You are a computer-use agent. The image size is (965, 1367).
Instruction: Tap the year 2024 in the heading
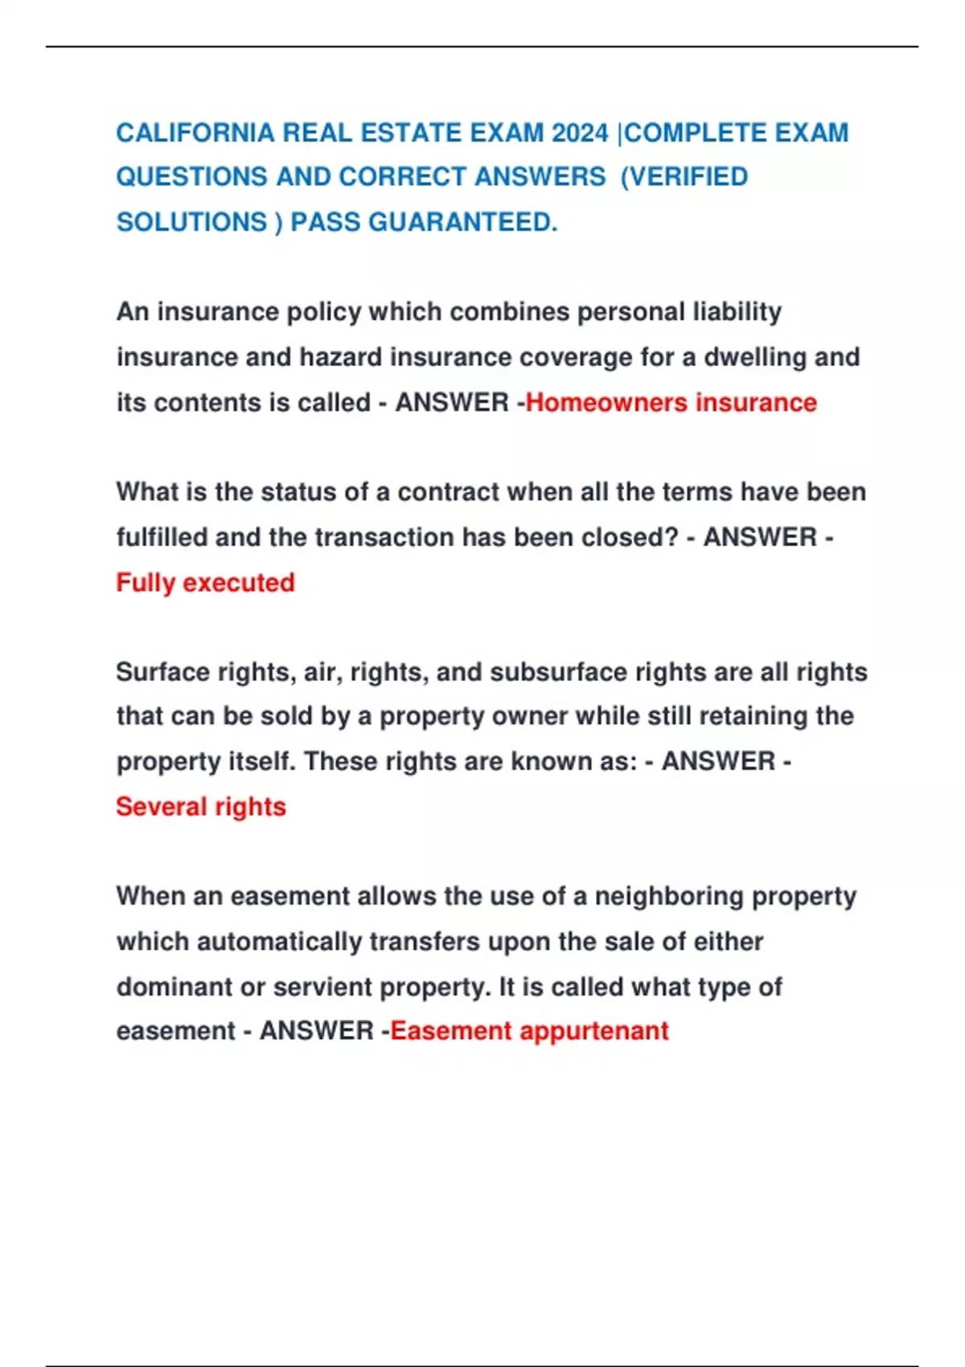pos(580,133)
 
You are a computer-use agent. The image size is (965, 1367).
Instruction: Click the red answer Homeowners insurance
pos(671,402)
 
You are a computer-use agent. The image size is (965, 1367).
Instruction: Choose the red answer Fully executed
pos(205,582)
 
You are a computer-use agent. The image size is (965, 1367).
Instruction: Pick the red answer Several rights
pos(201,807)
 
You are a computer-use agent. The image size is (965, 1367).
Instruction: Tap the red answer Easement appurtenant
pos(529,1031)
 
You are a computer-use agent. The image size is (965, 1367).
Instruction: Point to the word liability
pos(737,312)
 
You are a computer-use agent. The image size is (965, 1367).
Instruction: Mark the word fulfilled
pos(162,537)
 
